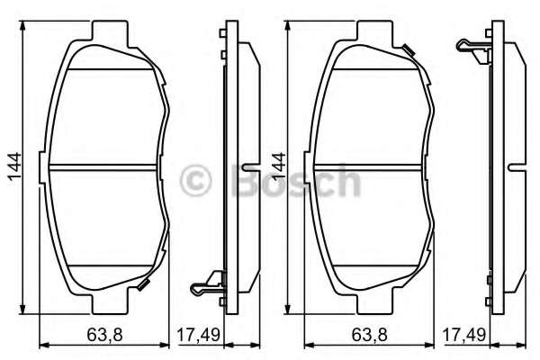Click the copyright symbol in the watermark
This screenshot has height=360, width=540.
(195, 181)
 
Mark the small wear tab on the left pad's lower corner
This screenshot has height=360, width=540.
(141, 285)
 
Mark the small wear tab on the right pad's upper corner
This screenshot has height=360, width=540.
(409, 49)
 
